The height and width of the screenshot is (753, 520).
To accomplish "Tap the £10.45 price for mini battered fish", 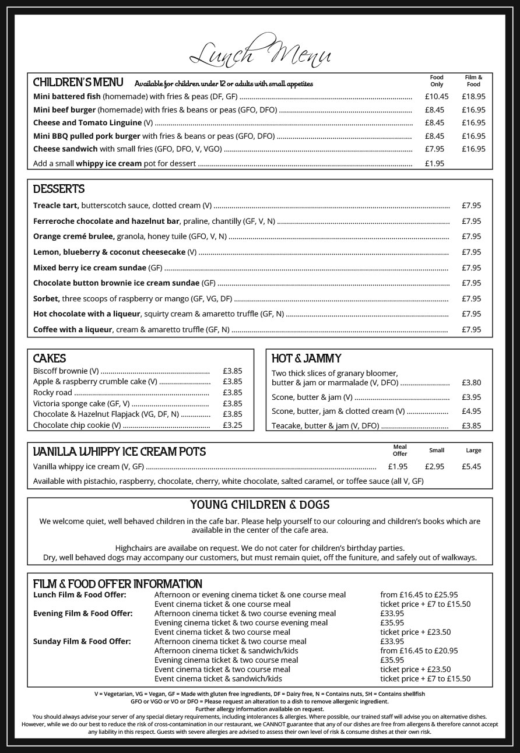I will point(436,97).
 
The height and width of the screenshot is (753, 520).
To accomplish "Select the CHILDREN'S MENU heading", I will point(78,82).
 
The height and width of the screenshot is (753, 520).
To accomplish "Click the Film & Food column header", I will point(473,80).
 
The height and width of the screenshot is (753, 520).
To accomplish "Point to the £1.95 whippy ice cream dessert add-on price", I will point(436,163).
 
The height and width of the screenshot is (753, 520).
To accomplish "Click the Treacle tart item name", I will point(56,205).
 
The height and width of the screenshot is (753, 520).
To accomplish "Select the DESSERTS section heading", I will point(59,189).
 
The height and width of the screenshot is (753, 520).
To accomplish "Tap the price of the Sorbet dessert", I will point(471,298).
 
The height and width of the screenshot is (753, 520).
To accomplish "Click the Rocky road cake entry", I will point(52,392).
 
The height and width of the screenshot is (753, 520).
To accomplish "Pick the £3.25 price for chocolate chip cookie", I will point(232,425).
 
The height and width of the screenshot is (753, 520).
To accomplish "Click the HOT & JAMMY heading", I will point(306,358).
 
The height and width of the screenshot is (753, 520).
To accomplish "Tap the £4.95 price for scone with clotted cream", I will point(471,411).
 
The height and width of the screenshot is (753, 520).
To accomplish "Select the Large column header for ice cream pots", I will point(473,450).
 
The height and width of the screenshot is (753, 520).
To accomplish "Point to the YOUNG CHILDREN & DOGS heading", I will point(260,505).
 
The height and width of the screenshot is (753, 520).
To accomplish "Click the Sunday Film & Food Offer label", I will point(82,641).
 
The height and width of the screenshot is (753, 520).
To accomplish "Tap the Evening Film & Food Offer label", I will point(83,613).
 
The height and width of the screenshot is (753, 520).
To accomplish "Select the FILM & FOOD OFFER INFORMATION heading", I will point(118,584).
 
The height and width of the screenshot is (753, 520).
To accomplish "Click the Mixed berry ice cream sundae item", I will point(90,268).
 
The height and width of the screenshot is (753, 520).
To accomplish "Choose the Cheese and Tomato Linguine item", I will point(87,122).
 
